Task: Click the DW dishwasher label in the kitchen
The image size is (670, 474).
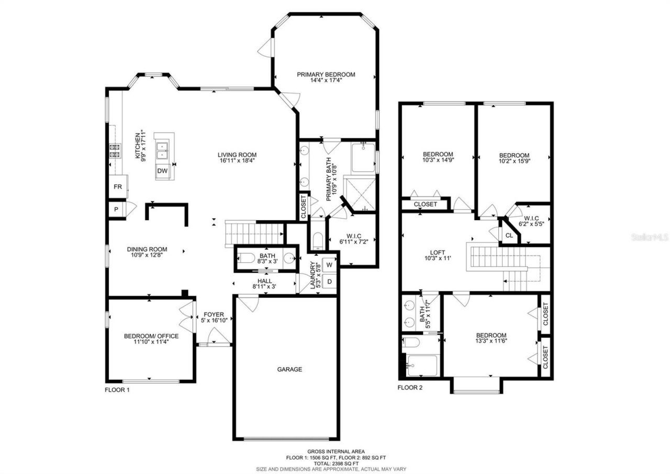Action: [162, 171]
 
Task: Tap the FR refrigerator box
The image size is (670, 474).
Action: [118, 187]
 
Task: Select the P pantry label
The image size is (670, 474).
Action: [116, 209]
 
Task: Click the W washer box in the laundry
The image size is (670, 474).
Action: [330, 264]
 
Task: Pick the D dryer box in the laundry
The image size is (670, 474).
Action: [330, 282]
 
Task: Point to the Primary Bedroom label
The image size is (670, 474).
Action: [326, 74]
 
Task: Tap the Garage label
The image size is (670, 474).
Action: [289, 369]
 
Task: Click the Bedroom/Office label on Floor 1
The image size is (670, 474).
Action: [151, 336]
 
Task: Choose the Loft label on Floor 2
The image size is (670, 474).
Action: [437, 251]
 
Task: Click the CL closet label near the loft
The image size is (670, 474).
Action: [509, 235]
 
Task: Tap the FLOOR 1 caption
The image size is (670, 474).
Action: [117, 390]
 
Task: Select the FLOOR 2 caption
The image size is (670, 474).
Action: [410, 388]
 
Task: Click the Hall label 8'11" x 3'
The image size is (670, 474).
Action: [264, 281]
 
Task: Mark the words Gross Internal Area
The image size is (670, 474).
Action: [336, 451]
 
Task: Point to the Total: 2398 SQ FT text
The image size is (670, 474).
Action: [336, 463]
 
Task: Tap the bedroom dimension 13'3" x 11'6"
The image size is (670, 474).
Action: [491, 341]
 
